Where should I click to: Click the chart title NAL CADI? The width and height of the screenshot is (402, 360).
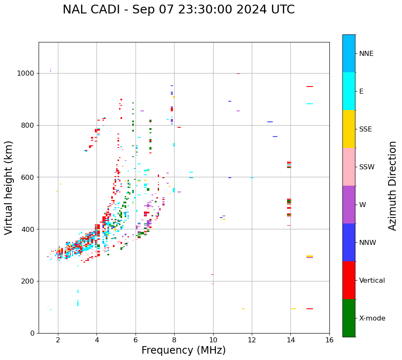(178, 10)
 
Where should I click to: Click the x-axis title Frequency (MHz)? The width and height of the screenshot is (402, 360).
(183, 350)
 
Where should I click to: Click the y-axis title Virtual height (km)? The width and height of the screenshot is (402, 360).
(9, 187)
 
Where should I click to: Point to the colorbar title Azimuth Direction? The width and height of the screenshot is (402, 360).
(392, 186)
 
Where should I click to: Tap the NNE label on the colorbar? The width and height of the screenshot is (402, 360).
(366, 54)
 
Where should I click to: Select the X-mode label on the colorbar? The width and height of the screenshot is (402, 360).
(372, 318)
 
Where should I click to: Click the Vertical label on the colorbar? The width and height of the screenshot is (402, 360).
(372, 281)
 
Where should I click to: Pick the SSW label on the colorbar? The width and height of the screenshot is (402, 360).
(367, 167)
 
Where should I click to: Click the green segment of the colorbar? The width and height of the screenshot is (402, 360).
(349, 318)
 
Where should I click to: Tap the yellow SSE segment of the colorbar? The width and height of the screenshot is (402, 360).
(349, 129)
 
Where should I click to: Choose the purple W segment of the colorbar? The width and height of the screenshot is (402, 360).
(349, 205)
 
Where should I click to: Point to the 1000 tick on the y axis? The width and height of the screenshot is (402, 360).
(26, 74)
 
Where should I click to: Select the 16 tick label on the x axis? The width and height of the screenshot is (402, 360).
(329, 340)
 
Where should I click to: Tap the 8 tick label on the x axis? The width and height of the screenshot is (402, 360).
(174, 340)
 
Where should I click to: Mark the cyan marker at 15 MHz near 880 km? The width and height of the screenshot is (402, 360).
(310, 104)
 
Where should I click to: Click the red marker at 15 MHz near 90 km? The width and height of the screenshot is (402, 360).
(310, 309)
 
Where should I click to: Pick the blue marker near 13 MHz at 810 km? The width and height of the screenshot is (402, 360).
(270, 122)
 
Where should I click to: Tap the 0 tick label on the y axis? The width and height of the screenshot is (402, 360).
(33, 334)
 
